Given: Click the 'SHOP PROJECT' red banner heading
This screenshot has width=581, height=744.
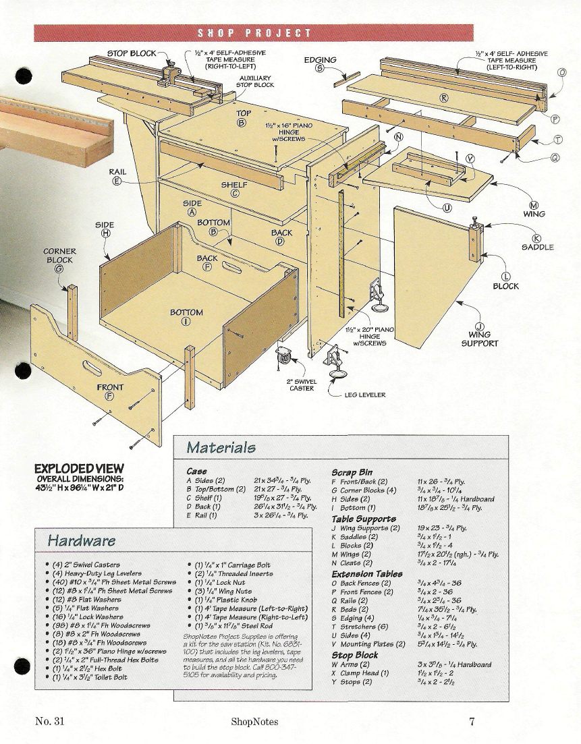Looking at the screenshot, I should pos(254,33).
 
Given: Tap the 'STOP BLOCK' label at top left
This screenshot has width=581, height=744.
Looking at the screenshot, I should pos(132,53).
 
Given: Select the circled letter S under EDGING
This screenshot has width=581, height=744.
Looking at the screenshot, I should pos(320,68).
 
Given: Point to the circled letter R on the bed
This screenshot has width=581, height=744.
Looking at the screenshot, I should pos(444,98).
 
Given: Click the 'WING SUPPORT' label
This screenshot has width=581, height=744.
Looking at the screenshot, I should pos(479,339).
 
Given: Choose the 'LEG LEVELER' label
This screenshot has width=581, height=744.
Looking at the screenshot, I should pos(365,395).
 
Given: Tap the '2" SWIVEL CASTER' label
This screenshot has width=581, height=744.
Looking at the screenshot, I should pos(302,384).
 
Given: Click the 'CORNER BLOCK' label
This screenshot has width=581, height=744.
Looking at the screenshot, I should pos(59,256).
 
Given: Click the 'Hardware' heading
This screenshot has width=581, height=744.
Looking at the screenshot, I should pos(81,540).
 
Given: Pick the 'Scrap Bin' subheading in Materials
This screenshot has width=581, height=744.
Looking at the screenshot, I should pos(352,473).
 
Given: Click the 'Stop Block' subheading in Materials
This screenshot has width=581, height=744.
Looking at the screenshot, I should pos(354,654).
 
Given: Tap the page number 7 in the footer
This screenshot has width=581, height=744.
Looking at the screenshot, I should pos(472,721).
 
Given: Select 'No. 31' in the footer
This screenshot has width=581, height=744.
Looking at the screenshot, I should pos(49,721).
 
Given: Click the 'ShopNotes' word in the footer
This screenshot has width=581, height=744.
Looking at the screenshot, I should pos(254,722).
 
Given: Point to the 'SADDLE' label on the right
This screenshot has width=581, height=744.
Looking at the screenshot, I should pos(537,247).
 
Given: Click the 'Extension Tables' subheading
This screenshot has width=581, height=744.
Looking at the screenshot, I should pos(367,573).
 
